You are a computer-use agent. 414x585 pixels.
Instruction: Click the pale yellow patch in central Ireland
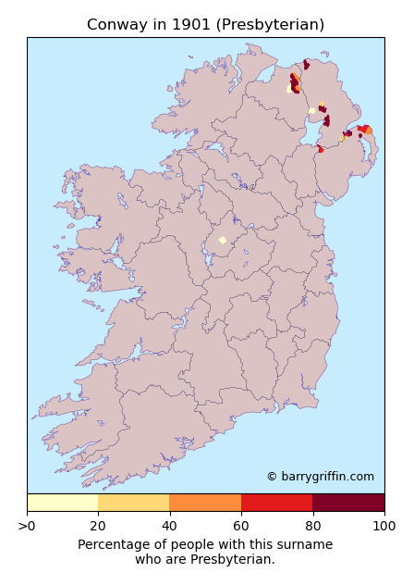(222, 240)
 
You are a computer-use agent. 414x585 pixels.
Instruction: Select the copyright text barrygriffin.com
(320, 477)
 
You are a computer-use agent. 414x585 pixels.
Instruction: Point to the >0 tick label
(28, 527)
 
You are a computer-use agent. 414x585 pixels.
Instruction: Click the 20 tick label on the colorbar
(98, 527)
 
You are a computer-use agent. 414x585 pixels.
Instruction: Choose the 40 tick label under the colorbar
(169, 527)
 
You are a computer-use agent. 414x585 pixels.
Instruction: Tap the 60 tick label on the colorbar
(241, 527)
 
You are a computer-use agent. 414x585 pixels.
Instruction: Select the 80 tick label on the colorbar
(312, 527)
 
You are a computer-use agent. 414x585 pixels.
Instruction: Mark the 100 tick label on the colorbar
(384, 527)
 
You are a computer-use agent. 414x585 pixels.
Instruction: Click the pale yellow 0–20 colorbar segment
(63, 503)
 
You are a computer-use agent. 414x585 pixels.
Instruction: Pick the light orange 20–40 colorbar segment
(134, 503)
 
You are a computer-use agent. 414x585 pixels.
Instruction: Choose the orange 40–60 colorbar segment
(205, 503)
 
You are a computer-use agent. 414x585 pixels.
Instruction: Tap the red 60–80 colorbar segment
(276, 503)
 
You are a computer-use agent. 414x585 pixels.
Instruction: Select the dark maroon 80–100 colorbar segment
(348, 503)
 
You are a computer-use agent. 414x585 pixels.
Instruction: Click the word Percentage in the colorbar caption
(115, 545)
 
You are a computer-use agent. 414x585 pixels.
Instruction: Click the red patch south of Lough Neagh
(321, 148)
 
